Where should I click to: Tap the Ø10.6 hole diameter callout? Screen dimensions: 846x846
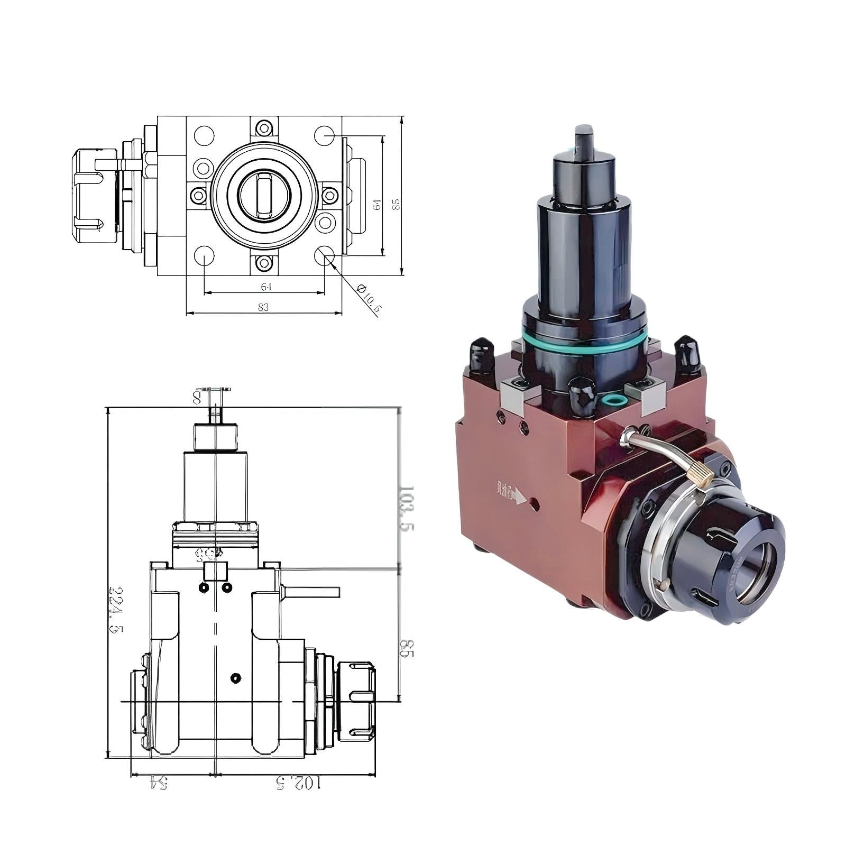[x=369, y=300]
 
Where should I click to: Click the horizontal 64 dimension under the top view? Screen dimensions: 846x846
[x=265, y=287]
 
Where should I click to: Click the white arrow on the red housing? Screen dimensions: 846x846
[x=521, y=497]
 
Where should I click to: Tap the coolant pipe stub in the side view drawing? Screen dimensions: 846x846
[x=312, y=591]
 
